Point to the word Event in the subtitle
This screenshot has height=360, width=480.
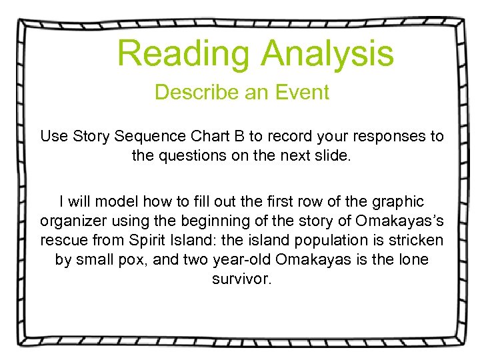pyautogui.click(x=302, y=92)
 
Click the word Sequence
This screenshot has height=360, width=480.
pyautogui.click(x=147, y=137)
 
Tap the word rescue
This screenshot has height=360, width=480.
pyautogui.click(x=62, y=240)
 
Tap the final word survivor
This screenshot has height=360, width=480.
pyautogui.click(x=241, y=279)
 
